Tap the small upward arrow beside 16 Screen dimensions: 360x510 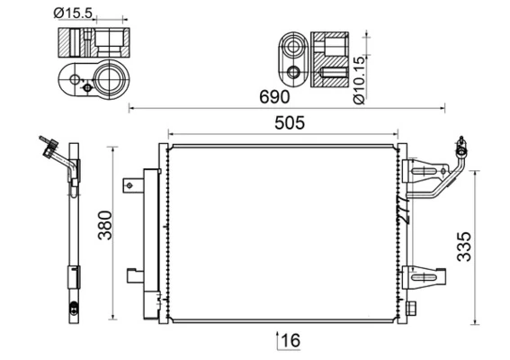(x=276, y=339)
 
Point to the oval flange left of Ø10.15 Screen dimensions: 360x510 (x=291, y=58)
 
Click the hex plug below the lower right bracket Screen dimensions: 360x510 (x=413, y=308)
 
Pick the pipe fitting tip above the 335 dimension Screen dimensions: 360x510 (x=461, y=143)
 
